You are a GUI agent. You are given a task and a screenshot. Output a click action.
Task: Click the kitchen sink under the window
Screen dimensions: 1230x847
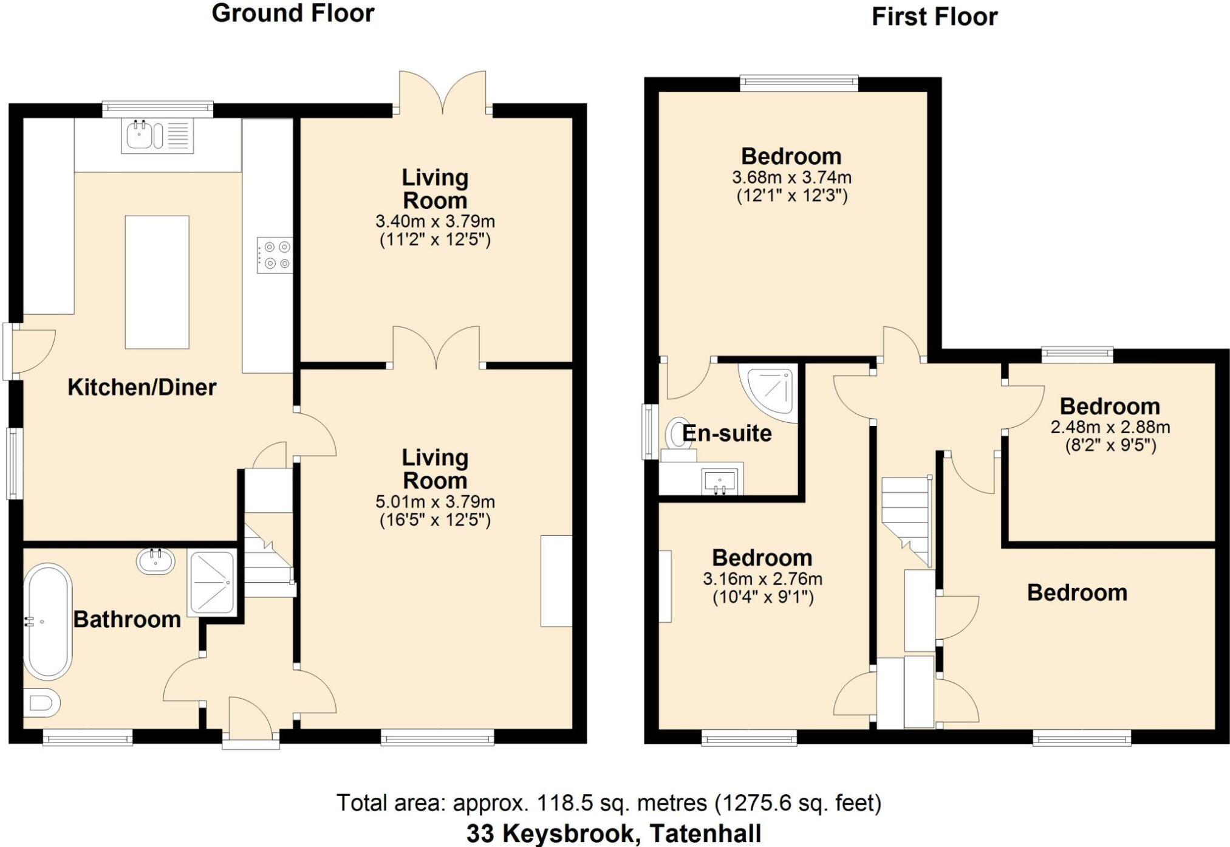point(157,135)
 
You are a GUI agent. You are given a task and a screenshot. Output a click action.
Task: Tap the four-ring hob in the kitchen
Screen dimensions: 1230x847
point(275,255)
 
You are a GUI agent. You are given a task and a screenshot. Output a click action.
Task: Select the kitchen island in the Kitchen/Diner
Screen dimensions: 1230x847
point(157,282)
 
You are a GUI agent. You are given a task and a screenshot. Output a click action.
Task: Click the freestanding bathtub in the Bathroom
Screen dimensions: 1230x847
point(47,622)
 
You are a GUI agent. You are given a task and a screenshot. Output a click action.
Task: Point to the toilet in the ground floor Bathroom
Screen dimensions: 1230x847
point(42,703)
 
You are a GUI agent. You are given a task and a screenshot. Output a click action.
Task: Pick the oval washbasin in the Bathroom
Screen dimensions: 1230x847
point(155,561)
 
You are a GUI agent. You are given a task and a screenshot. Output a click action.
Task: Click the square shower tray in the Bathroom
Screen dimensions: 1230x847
point(211,582)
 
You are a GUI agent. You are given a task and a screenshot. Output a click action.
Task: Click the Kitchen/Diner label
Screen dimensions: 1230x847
point(142,387)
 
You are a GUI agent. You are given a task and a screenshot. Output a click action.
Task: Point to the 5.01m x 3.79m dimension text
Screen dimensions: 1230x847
point(435,502)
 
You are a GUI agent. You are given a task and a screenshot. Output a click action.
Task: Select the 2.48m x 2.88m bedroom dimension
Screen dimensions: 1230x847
point(1110,427)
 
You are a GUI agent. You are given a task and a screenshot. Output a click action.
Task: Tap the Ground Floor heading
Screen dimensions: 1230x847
point(293,13)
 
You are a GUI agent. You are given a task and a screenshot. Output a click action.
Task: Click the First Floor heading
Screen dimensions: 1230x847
point(934,17)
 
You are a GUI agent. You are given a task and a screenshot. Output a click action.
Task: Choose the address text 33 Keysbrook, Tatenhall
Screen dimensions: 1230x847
point(613,834)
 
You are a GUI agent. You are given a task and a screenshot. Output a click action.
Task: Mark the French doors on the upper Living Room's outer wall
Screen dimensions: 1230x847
point(443,93)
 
